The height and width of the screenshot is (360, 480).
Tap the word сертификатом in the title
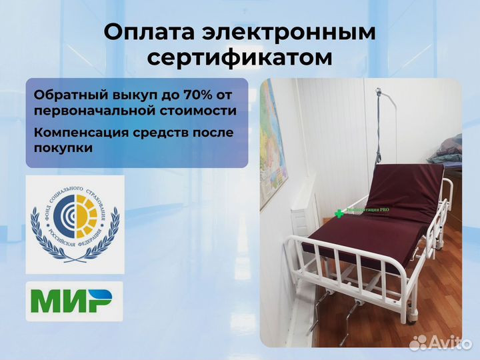239,57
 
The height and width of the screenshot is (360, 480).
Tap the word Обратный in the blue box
64,93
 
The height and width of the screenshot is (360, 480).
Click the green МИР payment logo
75,301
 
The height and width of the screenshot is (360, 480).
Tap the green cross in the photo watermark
339,213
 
